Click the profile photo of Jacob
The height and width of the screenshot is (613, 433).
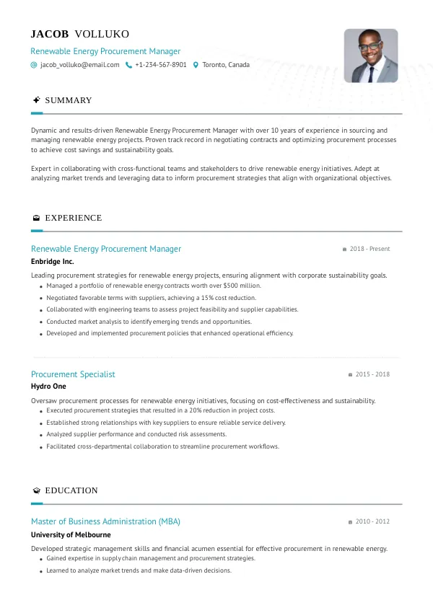[370, 56]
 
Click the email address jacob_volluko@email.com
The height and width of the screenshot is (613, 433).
[79, 65]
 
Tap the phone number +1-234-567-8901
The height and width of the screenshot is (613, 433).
[161, 65]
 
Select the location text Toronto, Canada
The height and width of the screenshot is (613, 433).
[226, 65]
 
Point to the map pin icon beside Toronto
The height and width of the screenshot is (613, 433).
[196, 65]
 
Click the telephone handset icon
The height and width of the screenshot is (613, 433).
[128, 65]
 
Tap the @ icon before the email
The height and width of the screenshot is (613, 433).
[34, 65]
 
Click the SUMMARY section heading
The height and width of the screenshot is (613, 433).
[68, 100]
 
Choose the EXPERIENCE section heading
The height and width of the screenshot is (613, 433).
[73, 218]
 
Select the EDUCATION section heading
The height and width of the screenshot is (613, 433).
[71, 490]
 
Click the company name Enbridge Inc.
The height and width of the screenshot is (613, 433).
[52, 262]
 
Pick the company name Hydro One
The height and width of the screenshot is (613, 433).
[48, 387]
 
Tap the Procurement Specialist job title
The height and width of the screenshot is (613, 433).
[73, 374]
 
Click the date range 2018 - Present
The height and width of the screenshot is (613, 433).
[369, 249]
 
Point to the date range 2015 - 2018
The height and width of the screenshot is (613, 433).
[372, 374]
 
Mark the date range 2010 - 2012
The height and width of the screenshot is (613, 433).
[372, 521]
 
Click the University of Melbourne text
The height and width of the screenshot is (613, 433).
[71, 535]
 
